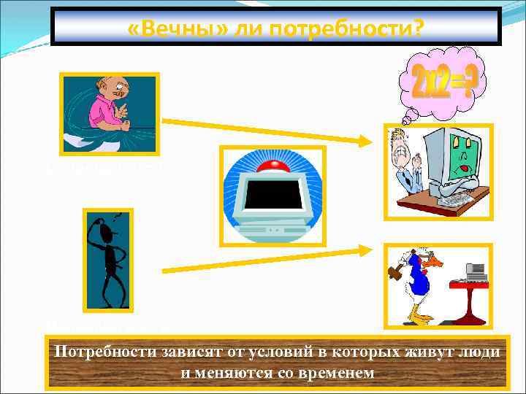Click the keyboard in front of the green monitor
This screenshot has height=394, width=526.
click(452, 197)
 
